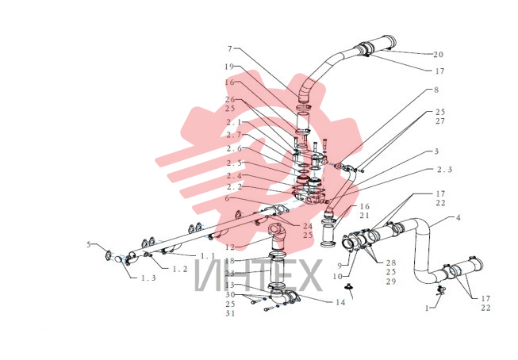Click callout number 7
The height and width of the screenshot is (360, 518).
coord(230,49)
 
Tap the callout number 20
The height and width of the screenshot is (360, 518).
coord(438,55)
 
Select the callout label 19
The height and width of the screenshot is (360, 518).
coord(229,67)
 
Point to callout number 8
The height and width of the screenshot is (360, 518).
coord(436,90)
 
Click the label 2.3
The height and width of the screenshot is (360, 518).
coord(444,170)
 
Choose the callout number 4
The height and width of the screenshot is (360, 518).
coord(459,217)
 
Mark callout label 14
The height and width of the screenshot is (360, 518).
coord(340,302)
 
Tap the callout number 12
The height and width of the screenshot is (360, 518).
coord(230,247)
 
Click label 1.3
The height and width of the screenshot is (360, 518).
coord(148,278)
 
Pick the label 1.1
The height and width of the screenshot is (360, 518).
coord(208,256)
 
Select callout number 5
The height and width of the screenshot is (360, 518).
coord(89,245)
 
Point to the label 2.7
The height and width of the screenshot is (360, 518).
coord(234,135)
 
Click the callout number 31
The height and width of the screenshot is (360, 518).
coord(230,313)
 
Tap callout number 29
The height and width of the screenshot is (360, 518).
coord(391,281)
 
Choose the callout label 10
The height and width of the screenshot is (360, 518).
coord(337,276)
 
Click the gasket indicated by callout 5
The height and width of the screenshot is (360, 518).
coord(108,255)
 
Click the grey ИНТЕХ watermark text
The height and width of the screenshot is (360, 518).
coord(258,275)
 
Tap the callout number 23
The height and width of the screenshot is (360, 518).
coord(229,274)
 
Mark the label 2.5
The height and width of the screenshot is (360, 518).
coord(234,163)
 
